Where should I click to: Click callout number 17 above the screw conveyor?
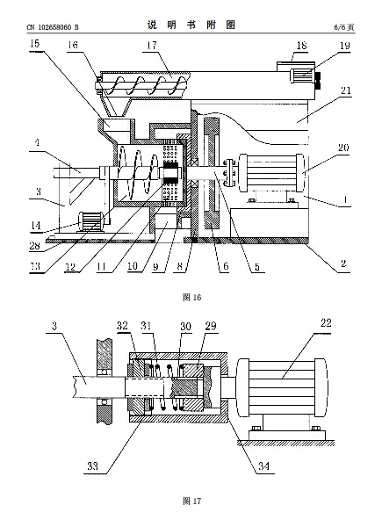[152, 46]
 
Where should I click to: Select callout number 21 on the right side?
[346, 90]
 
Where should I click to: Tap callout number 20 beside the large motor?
[343, 148]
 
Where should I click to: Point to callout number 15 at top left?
[34, 44]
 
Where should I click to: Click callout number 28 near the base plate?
[34, 246]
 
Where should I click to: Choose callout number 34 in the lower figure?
[263, 466]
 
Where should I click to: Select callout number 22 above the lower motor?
[326, 323]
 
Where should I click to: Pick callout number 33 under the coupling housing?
[93, 466]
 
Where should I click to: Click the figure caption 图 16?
[191, 297]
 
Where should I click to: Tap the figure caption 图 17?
[191, 502]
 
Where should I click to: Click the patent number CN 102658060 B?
[53, 27]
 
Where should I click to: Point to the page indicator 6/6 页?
[344, 27]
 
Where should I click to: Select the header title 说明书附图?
[191, 25]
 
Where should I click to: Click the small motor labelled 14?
[90, 221]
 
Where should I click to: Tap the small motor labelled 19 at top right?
[302, 76]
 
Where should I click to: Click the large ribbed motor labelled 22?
[282, 387]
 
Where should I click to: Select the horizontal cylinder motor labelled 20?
[271, 172]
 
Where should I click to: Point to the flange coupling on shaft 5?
[230, 172]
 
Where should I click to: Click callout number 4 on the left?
[37, 142]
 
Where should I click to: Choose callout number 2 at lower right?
[343, 263]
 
